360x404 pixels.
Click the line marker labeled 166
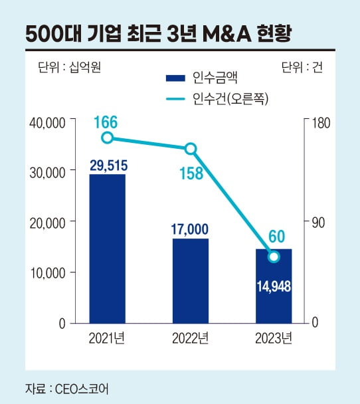(x=108, y=138)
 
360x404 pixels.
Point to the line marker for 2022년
(x=190, y=148)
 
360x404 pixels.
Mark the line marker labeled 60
(x=273, y=256)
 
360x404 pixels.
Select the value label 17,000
(x=190, y=229)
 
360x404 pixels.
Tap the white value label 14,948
(x=273, y=286)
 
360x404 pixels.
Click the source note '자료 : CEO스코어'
(x=67, y=387)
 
